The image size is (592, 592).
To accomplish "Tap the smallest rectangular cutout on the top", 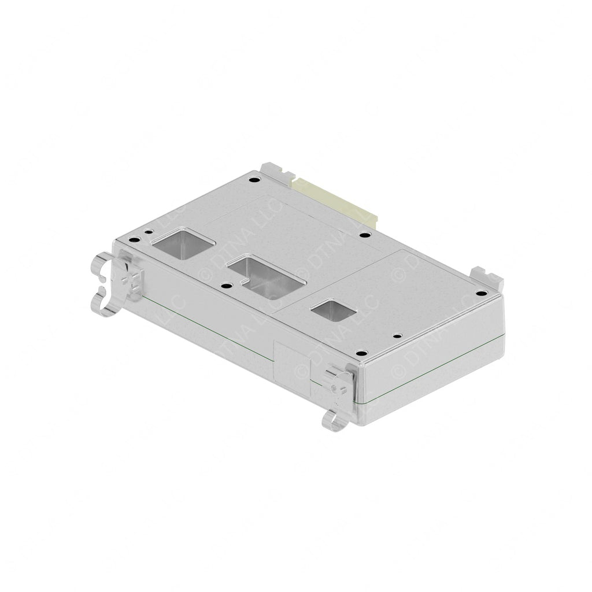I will click(x=333, y=310).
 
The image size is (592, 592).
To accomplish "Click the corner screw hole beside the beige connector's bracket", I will click(x=253, y=180).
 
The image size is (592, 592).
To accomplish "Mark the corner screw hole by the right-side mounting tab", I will click(x=478, y=293).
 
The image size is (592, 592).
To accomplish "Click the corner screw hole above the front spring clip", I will click(x=361, y=353).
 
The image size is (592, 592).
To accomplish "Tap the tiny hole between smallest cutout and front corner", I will click(x=396, y=336).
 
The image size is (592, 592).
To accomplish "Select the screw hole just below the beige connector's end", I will click(x=364, y=235).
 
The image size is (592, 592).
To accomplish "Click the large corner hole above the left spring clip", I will click(x=133, y=240).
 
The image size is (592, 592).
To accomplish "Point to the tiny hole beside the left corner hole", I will click(x=149, y=232).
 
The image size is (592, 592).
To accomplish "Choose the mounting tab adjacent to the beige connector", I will click(x=277, y=173).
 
